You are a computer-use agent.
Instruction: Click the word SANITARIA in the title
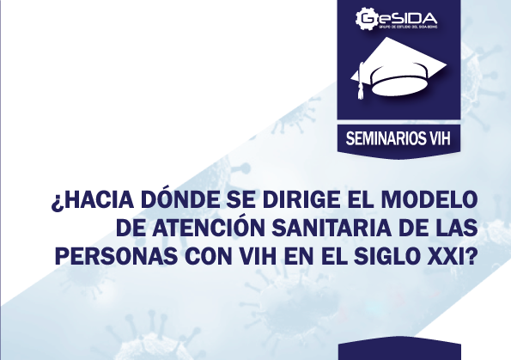(x=323, y=230)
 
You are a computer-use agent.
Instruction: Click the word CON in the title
(x=200, y=255)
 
